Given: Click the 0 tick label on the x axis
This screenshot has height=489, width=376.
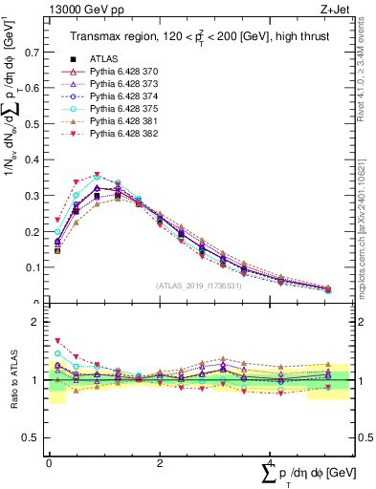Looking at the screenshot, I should click(x=49, y=462).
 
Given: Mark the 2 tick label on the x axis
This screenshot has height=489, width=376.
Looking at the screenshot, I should click(x=159, y=462).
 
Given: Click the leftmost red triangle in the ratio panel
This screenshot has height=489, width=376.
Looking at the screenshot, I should click(x=57, y=340).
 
